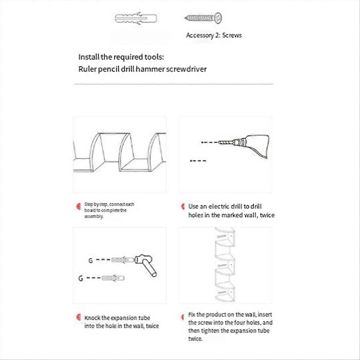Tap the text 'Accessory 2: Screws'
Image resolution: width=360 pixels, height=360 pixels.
[214, 35]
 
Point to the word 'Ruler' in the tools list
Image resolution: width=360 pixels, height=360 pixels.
[87, 69]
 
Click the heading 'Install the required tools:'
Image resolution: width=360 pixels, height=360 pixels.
[121, 57]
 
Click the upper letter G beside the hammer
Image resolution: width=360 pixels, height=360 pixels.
[91, 261]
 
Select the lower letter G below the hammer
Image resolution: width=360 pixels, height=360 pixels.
[81, 279]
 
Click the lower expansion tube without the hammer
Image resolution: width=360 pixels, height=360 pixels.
[113, 278]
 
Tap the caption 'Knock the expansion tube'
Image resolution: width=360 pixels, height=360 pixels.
[117, 318]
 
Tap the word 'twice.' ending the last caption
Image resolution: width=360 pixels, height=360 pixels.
[195, 339]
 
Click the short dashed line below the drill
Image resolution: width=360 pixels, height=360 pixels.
[198, 161]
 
